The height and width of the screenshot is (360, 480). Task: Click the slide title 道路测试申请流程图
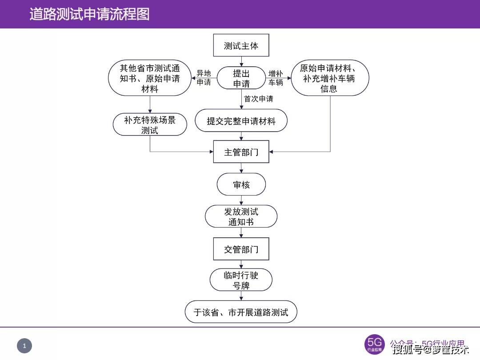[89, 14]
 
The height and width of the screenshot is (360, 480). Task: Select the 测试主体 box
[241, 46]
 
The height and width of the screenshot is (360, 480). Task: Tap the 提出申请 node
[241, 78]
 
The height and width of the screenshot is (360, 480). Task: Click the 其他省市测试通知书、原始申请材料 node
[150, 79]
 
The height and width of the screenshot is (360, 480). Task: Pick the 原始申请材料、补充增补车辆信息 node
[329, 79]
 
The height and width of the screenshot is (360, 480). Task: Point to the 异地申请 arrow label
[204, 78]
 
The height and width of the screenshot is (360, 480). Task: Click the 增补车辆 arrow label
[276, 78]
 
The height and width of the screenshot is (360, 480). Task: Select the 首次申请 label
[259, 99]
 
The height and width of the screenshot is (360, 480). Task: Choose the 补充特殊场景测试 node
[150, 125]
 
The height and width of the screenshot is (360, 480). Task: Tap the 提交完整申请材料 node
[241, 121]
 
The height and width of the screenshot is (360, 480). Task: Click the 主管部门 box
[241, 152]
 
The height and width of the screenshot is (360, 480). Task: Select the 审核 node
[241, 184]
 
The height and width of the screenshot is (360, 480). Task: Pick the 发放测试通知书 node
[241, 216]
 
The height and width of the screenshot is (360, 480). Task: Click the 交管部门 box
[241, 249]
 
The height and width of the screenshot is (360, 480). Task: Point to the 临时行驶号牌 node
[241, 280]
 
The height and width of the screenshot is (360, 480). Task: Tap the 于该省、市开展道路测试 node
[241, 312]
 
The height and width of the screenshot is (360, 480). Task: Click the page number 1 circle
[25, 346]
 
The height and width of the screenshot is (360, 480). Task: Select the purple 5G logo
[374, 344]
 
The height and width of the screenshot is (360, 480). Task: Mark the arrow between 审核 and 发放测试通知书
[241, 200]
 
